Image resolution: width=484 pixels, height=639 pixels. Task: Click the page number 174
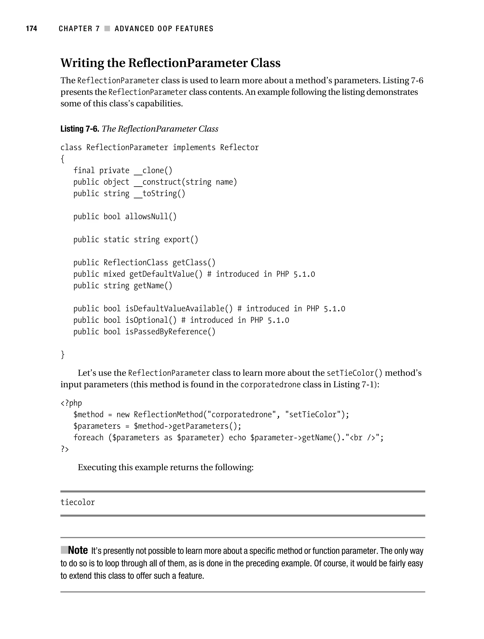pyautogui.click(x=31, y=29)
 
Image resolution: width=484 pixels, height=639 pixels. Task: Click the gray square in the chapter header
pyautogui.click(x=107, y=29)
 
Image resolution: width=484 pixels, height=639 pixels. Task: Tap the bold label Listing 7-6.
pyautogui.click(x=79, y=129)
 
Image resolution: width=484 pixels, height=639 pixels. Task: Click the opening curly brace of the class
pyautogui.click(x=63, y=159)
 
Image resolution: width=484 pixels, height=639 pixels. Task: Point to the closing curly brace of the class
pyautogui.click(x=63, y=354)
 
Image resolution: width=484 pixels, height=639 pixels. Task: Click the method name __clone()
pyautogui.click(x=153, y=170)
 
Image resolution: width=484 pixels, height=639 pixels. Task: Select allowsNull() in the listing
pyautogui.click(x=151, y=216)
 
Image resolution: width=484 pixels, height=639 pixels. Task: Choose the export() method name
pyautogui.click(x=181, y=239)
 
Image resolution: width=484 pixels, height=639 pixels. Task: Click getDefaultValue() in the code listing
pyautogui.click(x=166, y=274)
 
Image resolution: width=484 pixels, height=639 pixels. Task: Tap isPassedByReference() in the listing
pyautogui.click(x=170, y=331)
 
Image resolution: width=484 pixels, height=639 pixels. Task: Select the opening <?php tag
pyautogui.click(x=71, y=403)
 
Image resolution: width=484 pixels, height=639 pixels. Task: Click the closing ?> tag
pyautogui.click(x=65, y=449)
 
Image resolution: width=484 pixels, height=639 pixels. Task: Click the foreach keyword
pyautogui.click(x=88, y=438)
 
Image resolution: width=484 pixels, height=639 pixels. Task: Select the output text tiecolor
pyautogui.click(x=78, y=502)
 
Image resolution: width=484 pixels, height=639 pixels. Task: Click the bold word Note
pyautogui.click(x=78, y=550)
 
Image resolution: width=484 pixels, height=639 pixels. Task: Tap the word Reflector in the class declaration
pyautogui.click(x=239, y=147)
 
